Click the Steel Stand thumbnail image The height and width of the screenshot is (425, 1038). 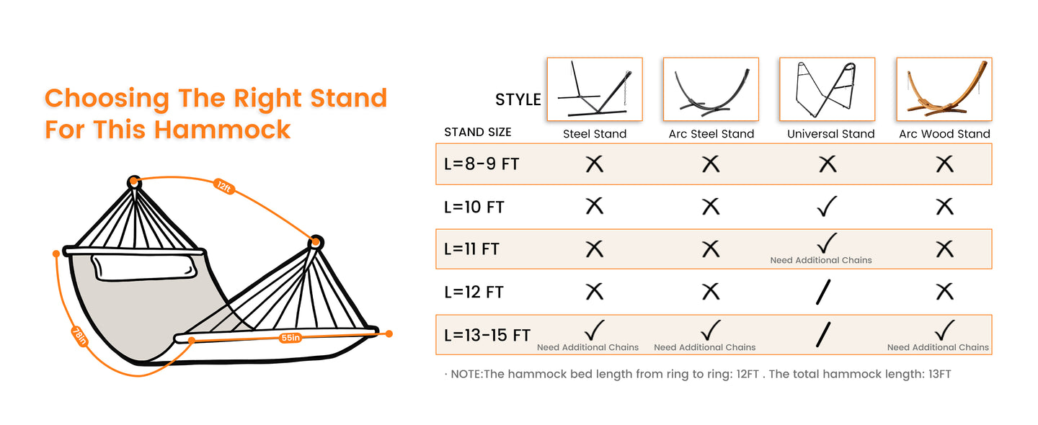pyautogui.click(x=595, y=89)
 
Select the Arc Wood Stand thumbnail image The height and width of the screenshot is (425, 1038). pyautogui.click(x=944, y=89)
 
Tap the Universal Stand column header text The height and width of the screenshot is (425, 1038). pyautogui.click(x=830, y=134)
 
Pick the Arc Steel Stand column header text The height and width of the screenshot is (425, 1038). pyautogui.click(x=711, y=134)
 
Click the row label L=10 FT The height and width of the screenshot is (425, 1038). pyautogui.click(x=474, y=207)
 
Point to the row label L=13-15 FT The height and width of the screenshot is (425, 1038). pyautogui.click(x=487, y=335)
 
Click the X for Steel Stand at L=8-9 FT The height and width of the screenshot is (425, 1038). pyautogui.click(x=594, y=164)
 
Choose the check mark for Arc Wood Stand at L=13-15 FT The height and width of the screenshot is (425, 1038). pyautogui.click(x=944, y=330)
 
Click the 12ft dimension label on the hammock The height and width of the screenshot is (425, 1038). pyautogui.click(x=224, y=187)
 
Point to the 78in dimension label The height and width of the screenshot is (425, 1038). pyautogui.click(x=79, y=336)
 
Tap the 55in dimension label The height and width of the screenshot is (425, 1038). pyautogui.click(x=290, y=337)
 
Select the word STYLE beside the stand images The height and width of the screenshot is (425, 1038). pyautogui.click(x=518, y=100)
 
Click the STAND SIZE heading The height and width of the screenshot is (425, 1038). pyautogui.click(x=477, y=133)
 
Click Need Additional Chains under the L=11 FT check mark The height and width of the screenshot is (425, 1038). pyautogui.click(x=821, y=260)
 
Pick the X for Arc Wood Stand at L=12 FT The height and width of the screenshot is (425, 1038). pyautogui.click(x=944, y=292)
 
